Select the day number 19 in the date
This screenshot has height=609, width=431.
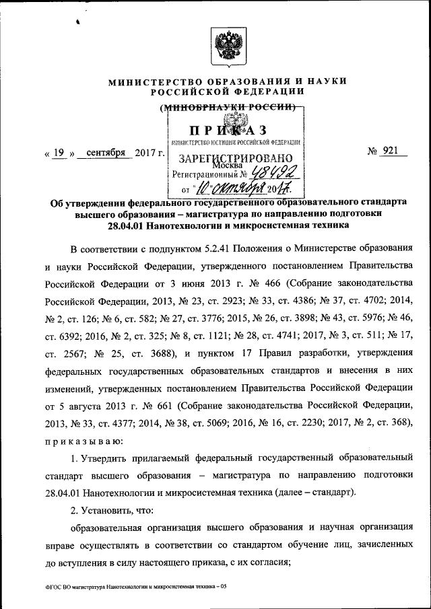point(59,153)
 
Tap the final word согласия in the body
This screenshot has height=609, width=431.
point(267,564)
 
